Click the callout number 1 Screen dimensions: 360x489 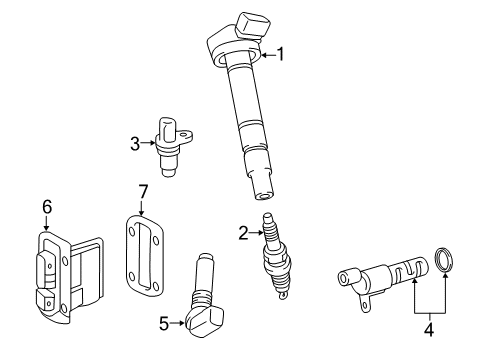(281, 54)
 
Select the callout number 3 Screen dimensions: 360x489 (135, 144)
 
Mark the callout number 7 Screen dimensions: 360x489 (142, 190)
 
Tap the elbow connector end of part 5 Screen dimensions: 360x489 (204, 321)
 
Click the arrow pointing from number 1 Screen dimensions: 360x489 (266, 54)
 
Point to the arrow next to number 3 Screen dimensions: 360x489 (148, 144)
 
